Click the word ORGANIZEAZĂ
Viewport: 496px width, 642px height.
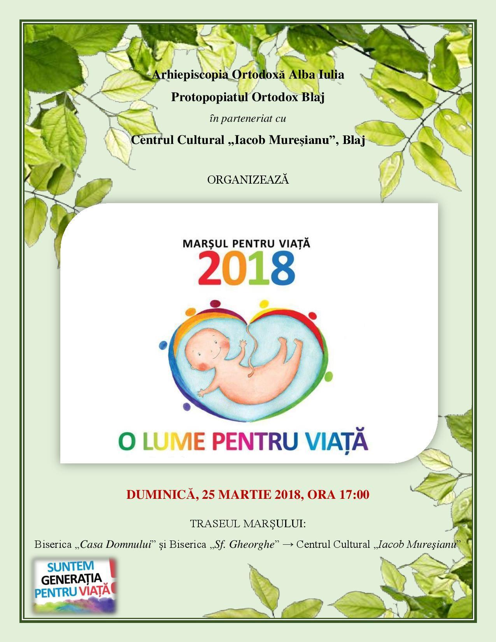coord(248,180)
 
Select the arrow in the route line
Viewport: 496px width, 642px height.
coord(288,544)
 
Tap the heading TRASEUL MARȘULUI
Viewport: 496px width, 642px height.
coord(248,524)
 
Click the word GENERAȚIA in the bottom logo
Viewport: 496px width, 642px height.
coord(71,579)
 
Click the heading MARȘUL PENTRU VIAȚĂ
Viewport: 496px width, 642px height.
coord(247,243)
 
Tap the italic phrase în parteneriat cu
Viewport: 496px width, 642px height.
coord(248,118)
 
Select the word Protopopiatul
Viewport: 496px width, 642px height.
coord(210,97)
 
